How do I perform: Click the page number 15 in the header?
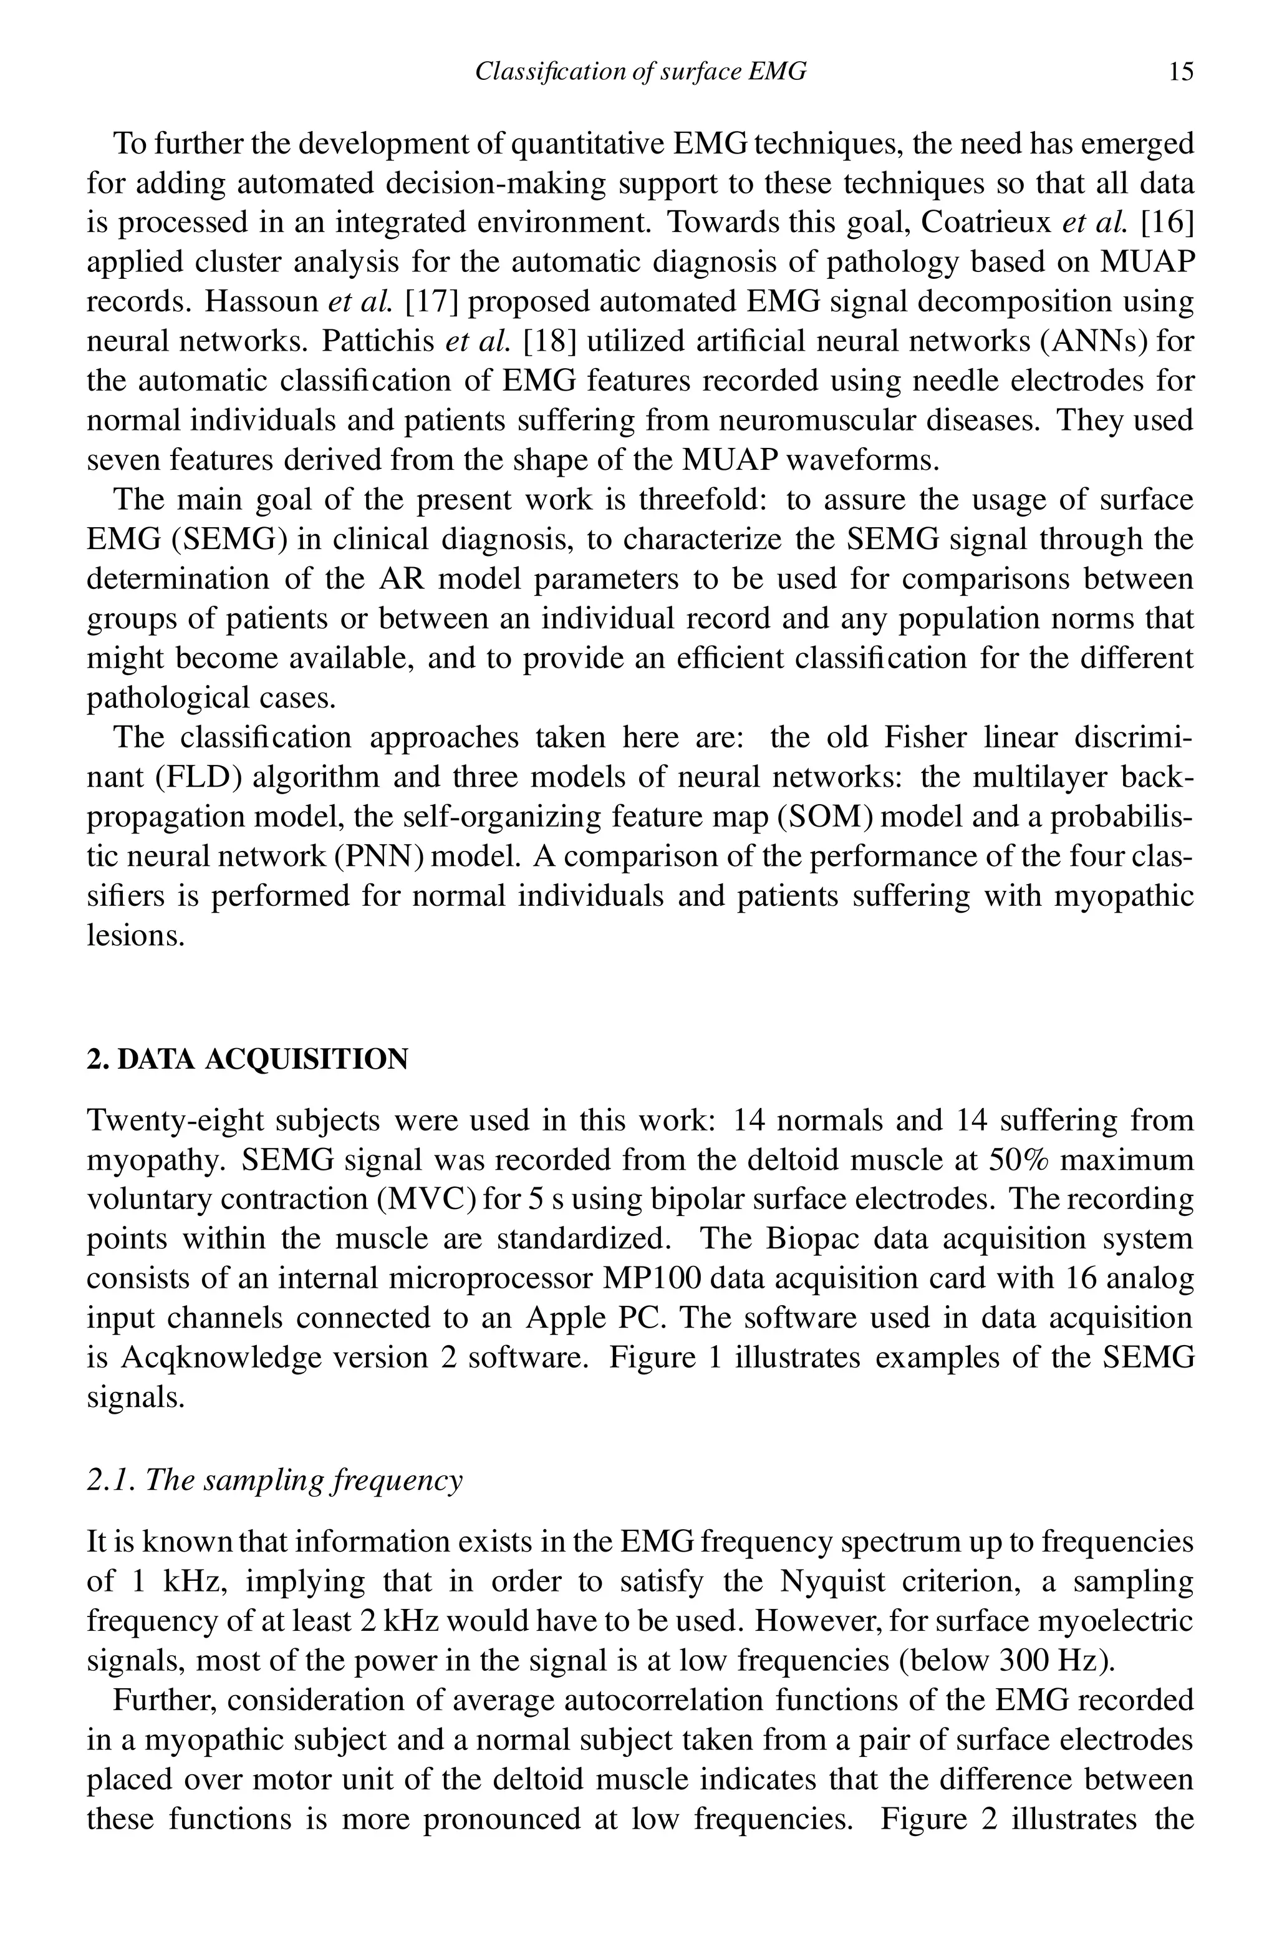point(1180,72)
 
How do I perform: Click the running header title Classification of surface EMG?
point(640,72)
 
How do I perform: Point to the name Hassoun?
point(261,302)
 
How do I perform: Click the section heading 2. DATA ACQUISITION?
point(248,1060)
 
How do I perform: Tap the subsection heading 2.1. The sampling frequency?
point(274,1480)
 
